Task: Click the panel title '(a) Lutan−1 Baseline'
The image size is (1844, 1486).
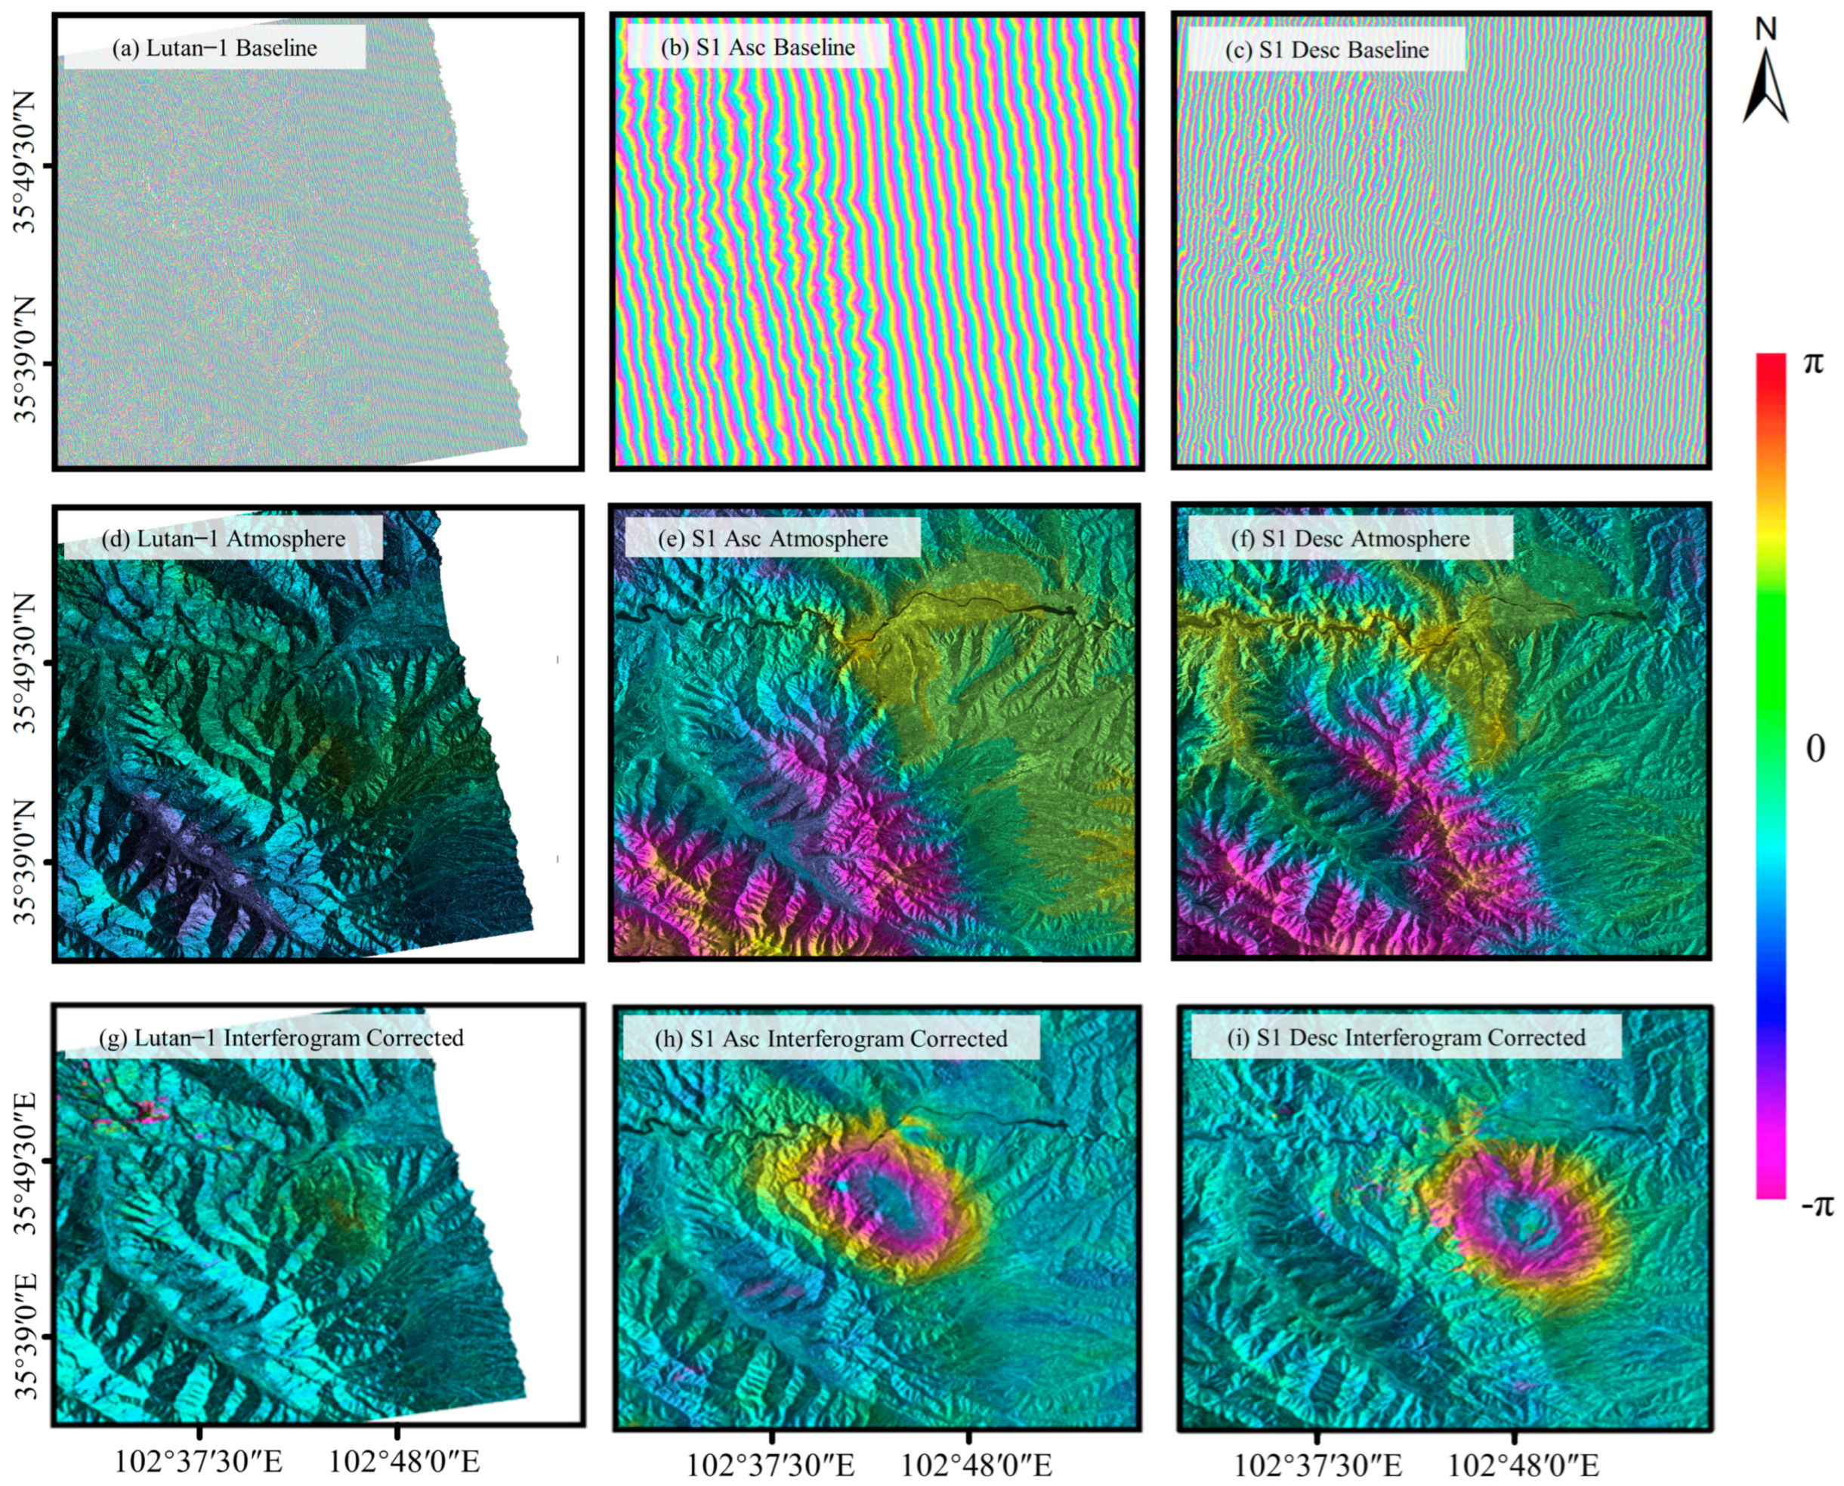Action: (214, 48)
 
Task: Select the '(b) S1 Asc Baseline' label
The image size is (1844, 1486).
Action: (758, 47)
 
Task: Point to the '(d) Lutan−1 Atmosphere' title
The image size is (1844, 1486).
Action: (223, 539)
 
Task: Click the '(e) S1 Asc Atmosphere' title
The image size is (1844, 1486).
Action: (772, 539)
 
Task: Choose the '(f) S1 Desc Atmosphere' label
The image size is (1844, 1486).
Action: (1350, 539)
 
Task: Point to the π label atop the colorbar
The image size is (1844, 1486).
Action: (1813, 363)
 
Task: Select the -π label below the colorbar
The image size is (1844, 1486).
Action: (1817, 1205)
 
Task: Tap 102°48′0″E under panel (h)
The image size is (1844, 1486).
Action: (977, 1465)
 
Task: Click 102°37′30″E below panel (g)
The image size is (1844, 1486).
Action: (199, 1460)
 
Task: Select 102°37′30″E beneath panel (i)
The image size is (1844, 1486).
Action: (1318, 1465)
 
